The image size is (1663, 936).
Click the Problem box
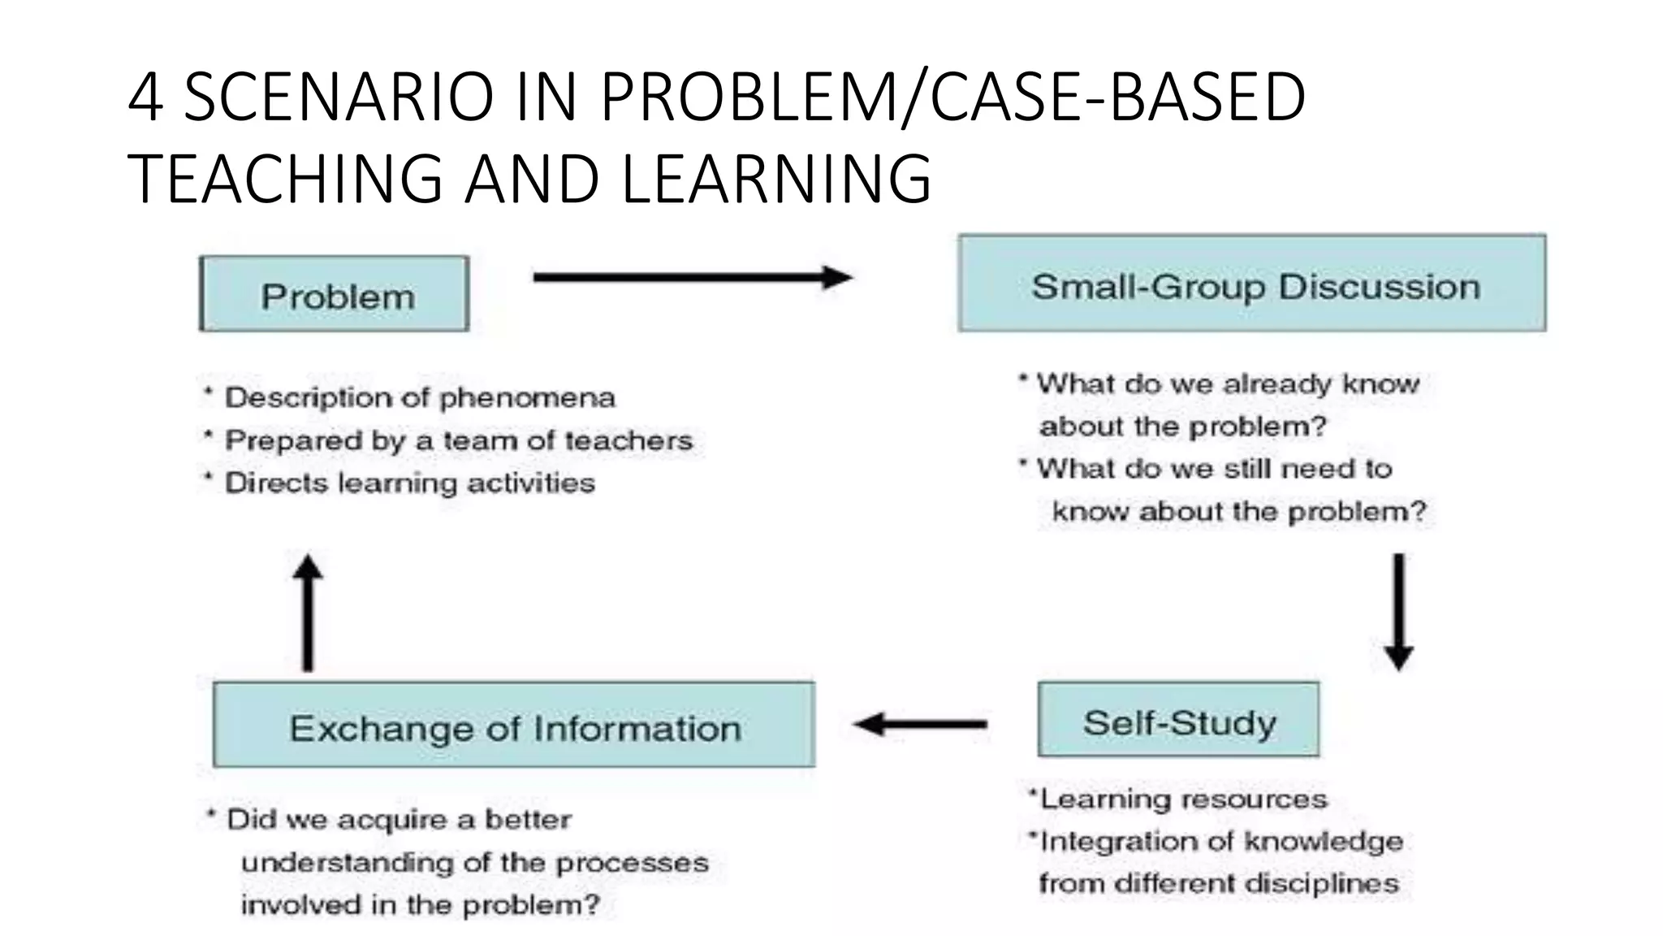(335, 294)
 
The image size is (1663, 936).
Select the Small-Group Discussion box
(1251, 284)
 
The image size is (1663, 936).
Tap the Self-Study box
(1178, 720)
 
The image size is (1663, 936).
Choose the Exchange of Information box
(514, 725)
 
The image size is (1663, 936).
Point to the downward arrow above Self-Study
(1398, 611)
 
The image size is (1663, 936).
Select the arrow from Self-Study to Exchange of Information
(920, 723)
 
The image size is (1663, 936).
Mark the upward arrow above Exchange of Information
(308, 613)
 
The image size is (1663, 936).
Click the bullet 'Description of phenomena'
(419, 398)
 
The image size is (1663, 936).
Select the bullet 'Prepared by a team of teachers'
(458, 440)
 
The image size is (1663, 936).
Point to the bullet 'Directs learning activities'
(409, 483)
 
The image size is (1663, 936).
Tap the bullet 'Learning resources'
(1183, 799)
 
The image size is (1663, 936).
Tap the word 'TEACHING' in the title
(285, 179)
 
